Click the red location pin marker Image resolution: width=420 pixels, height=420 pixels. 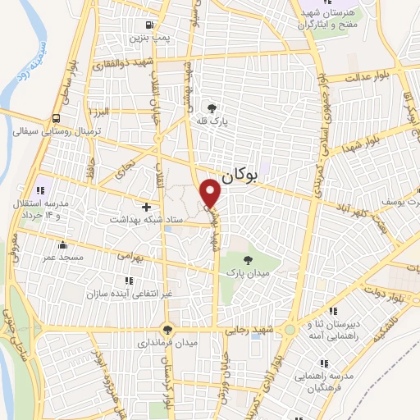click(212, 194)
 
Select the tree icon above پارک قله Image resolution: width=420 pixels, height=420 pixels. click(212, 108)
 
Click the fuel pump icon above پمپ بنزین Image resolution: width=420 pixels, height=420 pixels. click(148, 25)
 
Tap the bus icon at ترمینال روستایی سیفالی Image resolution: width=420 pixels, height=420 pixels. click(54, 117)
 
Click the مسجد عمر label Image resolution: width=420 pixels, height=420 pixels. click(63, 258)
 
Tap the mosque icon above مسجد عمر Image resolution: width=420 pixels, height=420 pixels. click(63, 244)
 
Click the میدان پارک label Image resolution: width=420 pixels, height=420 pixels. click(249, 273)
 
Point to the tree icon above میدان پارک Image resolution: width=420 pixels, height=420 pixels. click(249, 259)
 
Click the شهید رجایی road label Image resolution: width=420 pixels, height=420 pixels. click(249, 331)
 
